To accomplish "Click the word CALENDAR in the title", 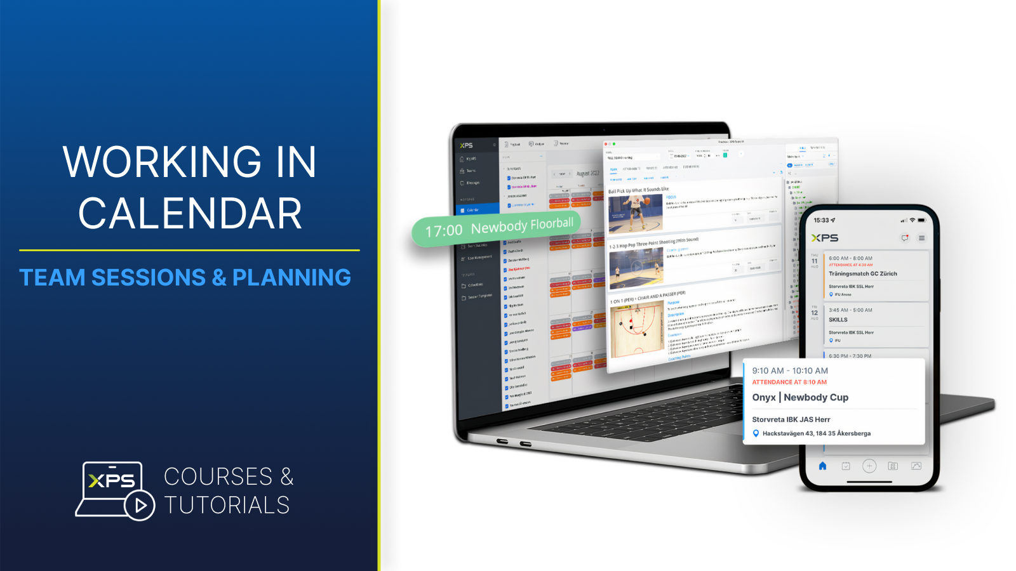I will pyautogui.click(x=190, y=213).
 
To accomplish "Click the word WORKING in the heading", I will pyautogui.click(x=162, y=162).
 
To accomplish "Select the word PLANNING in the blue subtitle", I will pyautogui.click(x=291, y=277).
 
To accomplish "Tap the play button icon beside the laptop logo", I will pyautogui.click(x=140, y=505).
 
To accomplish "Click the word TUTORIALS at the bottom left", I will pyautogui.click(x=227, y=505).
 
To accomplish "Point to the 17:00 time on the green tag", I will pyautogui.click(x=444, y=231).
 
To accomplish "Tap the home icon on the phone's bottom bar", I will pyautogui.click(x=822, y=466).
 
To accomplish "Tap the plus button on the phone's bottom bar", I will pyautogui.click(x=869, y=466).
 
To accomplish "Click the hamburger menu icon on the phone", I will pyautogui.click(x=921, y=238).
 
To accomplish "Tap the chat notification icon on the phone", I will pyautogui.click(x=905, y=238).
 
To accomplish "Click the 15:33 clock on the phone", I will pyautogui.click(x=821, y=220).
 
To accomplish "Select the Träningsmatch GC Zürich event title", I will pyautogui.click(x=862, y=273).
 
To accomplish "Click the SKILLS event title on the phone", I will pyautogui.click(x=838, y=320).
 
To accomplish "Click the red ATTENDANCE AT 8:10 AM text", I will pyautogui.click(x=789, y=382).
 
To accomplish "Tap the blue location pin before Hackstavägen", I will pyautogui.click(x=756, y=433).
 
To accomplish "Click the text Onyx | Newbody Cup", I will pyautogui.click(x=800, y=397).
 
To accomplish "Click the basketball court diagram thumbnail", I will pyautogui.click(x=637, y=331).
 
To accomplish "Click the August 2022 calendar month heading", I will pyautogui.click(x=587, y=173).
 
